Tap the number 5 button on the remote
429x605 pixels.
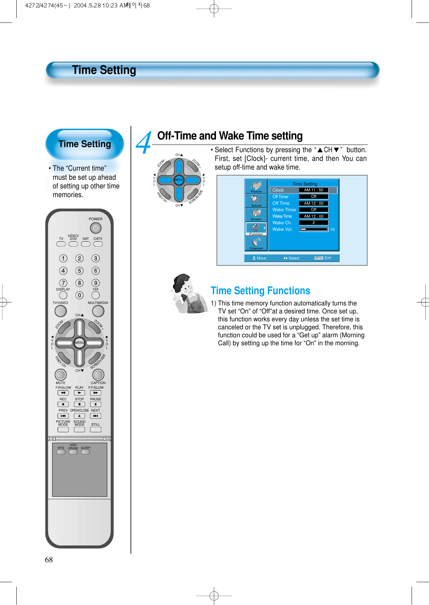[x=79, y=271]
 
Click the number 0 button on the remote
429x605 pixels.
[x=79, y=295]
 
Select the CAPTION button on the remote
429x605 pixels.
[x=98, y=375]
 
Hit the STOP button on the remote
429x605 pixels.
[x=79, y=404]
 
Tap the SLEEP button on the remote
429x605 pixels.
[x=86, y=452]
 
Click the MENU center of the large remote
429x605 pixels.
[x=79, y=342]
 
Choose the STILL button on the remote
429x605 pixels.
[x=96, y=429]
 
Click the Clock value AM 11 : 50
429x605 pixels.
[x=313, y=190]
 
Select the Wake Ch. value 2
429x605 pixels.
[x=313, y=223]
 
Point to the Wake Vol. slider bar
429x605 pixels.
[x=313, y=229]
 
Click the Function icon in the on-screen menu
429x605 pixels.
[x=256, y=229]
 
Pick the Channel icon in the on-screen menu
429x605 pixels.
[x=256, y=243]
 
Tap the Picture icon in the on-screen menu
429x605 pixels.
[x=256, y=186]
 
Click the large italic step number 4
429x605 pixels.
[x=144, y=143]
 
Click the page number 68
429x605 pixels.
[x=49, y=560]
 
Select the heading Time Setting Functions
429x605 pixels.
[x=260, y=291]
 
